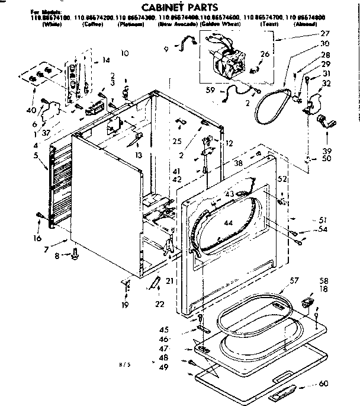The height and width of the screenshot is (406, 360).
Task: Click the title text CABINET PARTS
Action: (180, 7)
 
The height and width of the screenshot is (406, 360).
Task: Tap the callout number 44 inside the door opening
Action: (229, 222)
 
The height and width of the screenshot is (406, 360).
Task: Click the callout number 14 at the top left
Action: (106, 60)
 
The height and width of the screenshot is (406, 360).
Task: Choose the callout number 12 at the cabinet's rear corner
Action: (230, 143)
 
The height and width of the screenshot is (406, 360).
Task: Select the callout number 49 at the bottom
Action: (163, 368)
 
